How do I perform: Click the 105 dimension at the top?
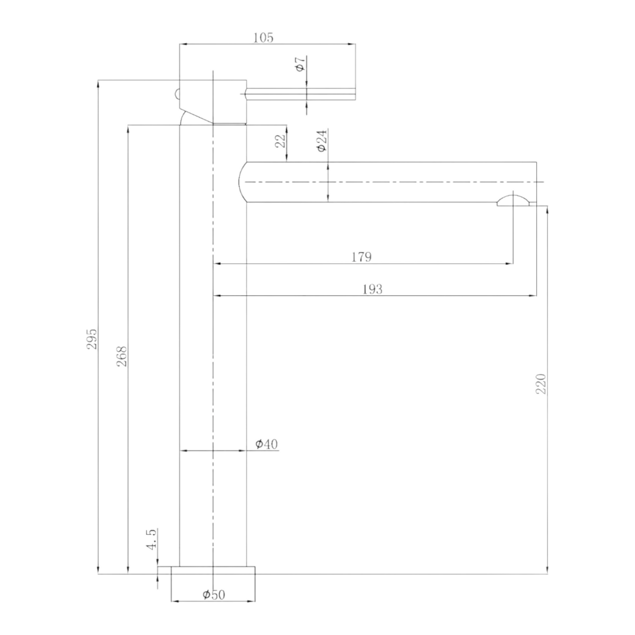[263, 38]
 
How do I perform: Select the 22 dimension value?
[280, 140]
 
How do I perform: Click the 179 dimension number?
[361, 257]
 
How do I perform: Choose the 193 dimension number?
[372, 289]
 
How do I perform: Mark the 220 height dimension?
[541, 383]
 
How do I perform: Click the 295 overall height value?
[92, 338]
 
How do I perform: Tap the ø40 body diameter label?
[267, 444]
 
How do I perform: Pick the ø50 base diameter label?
[214, 595]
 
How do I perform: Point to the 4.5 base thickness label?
[151, 539]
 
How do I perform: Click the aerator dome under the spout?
[513, 201]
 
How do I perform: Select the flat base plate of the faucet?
[213, 570]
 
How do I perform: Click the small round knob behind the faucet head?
[177, 94]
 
